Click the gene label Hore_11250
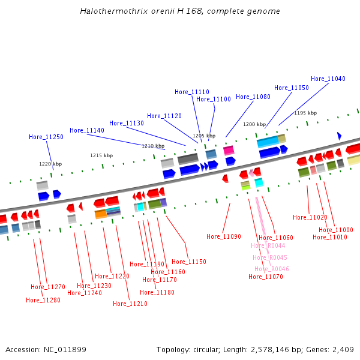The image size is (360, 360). (46, 137)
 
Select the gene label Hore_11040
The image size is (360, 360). (328, 79)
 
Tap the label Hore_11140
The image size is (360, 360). (87, 130)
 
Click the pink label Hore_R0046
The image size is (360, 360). (272, 269)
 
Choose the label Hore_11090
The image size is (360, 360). (224, 236)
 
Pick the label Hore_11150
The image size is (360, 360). (189, 262)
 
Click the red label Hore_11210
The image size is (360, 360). (130, 304)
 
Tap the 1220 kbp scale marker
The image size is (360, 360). (50, 164)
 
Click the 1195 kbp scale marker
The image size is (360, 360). (305, 113)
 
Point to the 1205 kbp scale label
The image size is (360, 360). (204, 136)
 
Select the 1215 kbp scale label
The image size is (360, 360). (102, 155)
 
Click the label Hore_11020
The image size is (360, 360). (310, 217)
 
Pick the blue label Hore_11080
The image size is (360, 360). (253, 97)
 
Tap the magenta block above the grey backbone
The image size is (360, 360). (229, 151)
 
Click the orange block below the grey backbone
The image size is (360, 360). (101, 214)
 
